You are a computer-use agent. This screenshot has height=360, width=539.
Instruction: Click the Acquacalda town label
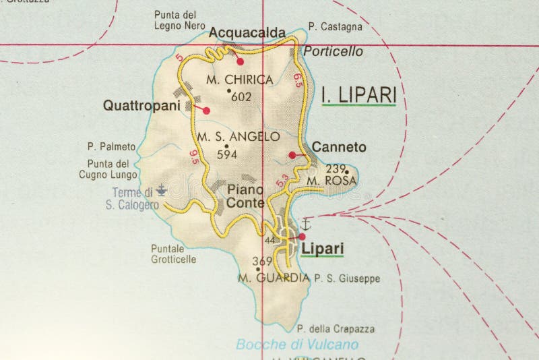[x=247, y=32]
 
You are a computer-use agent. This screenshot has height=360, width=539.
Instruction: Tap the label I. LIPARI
[x=358, y=96]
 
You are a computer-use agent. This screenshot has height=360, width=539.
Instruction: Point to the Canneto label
[x=339, y=147]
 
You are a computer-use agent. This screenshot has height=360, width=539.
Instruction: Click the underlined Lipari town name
[x=323, y=249]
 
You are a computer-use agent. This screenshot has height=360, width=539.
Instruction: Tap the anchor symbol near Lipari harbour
[x=304, y=223]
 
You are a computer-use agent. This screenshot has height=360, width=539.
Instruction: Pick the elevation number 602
[x=241, y=96]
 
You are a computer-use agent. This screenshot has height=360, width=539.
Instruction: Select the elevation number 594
[x=228, y=154]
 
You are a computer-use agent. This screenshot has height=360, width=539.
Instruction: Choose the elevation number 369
[x=261, y=261]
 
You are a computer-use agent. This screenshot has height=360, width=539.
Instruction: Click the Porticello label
[x=334, y=51]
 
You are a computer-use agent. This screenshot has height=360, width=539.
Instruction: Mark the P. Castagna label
[x=335, y=28]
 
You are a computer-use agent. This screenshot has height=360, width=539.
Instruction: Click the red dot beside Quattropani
[x=206, y=111]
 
